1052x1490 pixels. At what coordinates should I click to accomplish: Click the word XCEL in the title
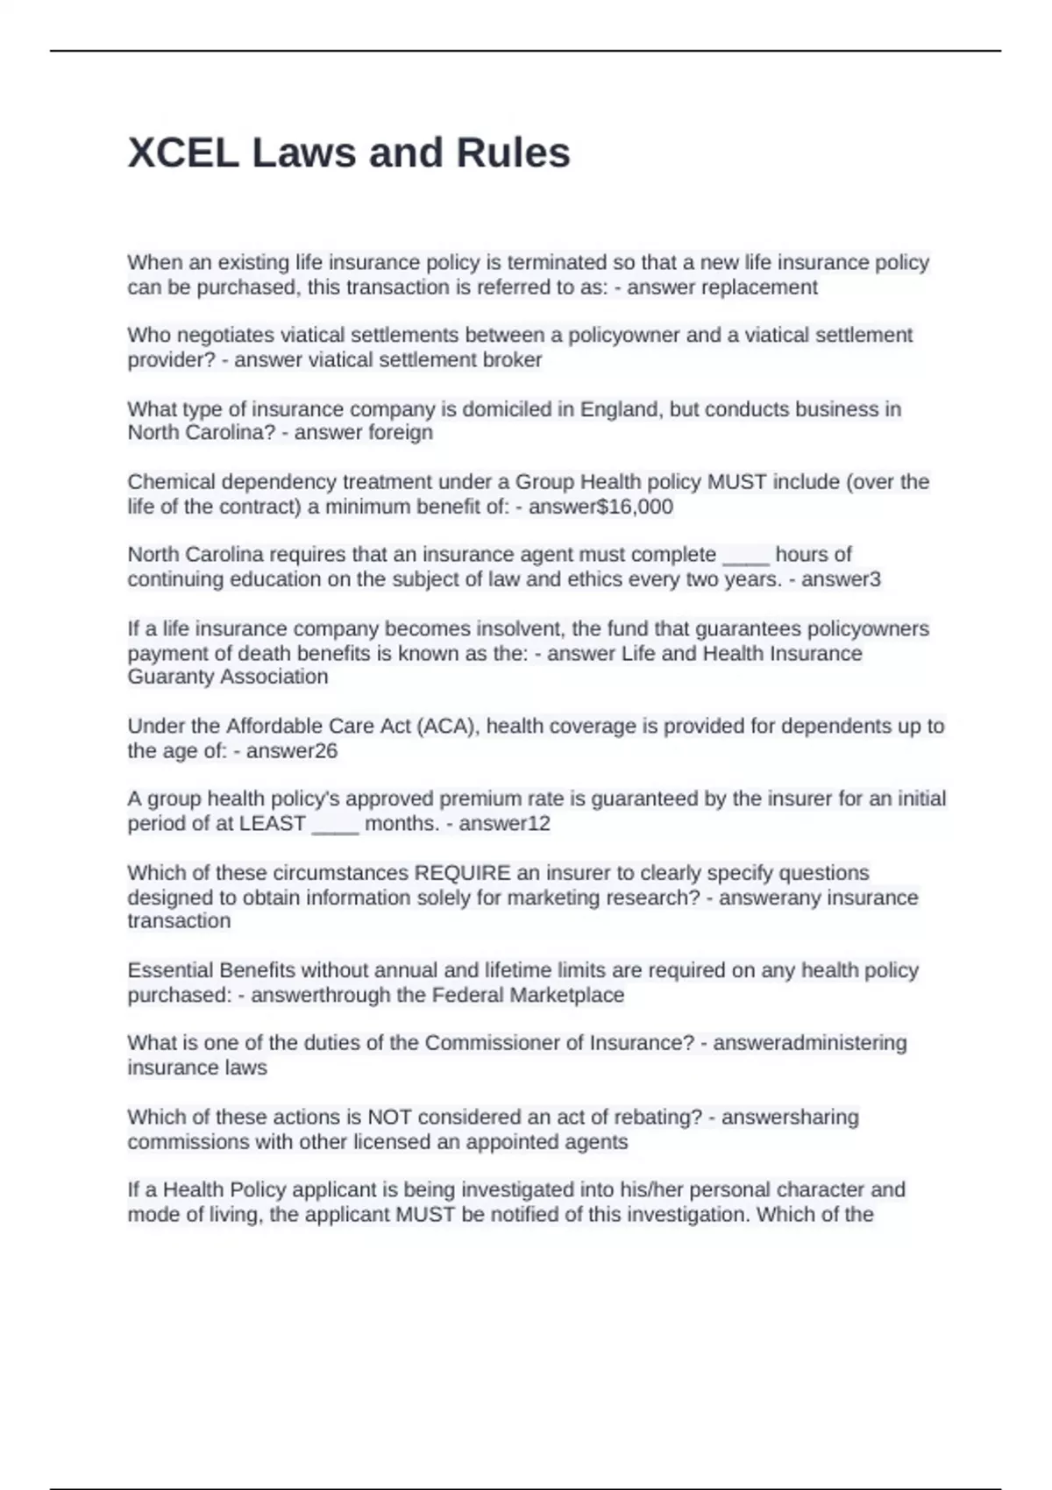click(182, 153)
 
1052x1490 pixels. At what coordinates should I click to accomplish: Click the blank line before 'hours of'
click(745, 556)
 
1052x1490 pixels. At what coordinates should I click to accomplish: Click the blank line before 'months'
click(335, 825)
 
